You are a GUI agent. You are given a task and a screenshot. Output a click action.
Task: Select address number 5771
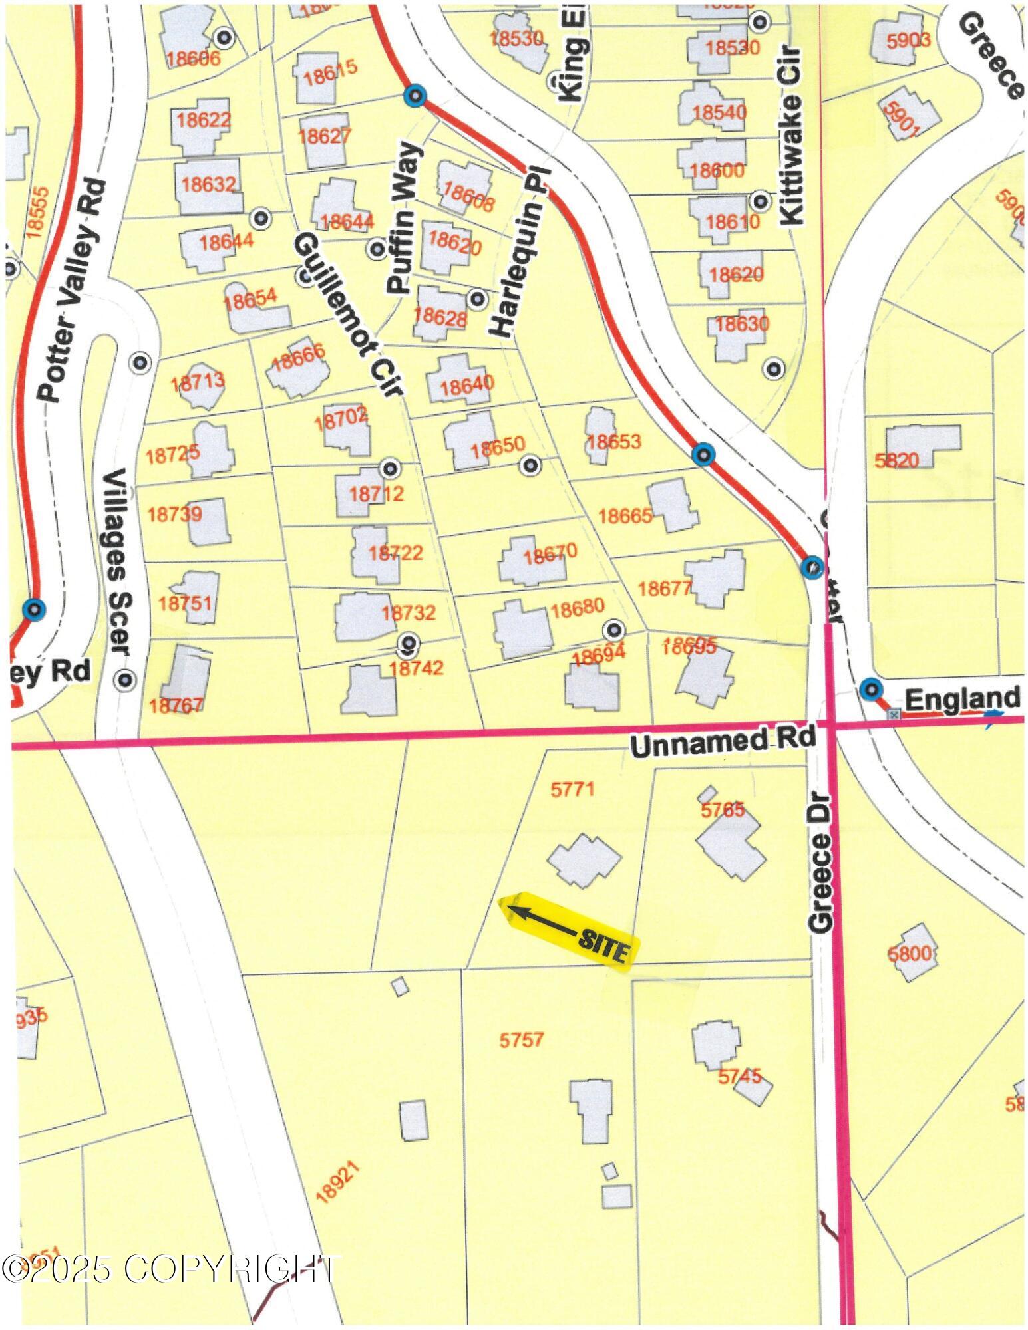[572, 789]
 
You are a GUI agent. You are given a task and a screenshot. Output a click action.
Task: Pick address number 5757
[522, 1039]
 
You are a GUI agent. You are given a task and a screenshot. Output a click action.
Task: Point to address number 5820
[896, 460]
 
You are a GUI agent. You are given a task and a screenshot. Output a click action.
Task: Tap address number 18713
[198, 382]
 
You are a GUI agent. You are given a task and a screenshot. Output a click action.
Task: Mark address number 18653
[613, 441]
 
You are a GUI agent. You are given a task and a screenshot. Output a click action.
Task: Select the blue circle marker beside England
[870, 689]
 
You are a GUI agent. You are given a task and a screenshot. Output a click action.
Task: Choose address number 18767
[176, 705]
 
